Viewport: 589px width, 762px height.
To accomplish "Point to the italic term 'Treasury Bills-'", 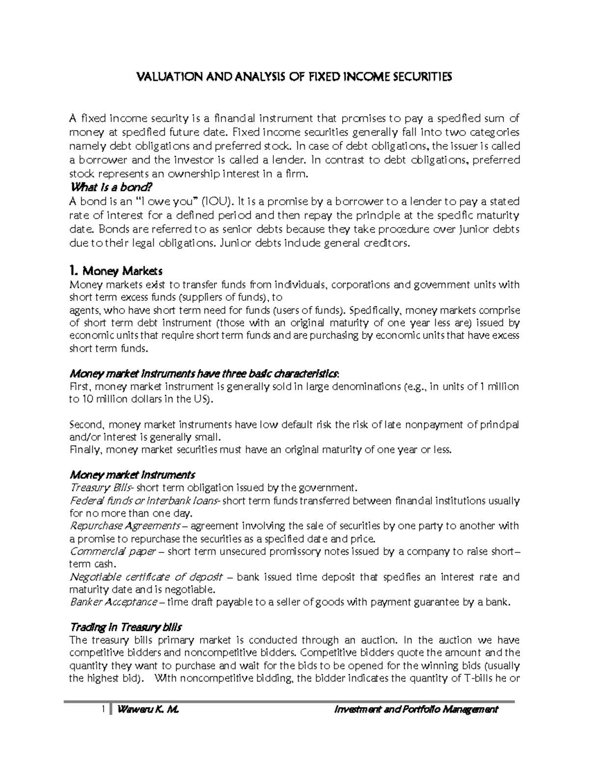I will tap(102, 488).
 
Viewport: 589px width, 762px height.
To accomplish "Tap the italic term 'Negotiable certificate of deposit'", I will tap(146, 577).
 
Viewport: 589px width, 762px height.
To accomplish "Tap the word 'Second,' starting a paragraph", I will tap(85, 425).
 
